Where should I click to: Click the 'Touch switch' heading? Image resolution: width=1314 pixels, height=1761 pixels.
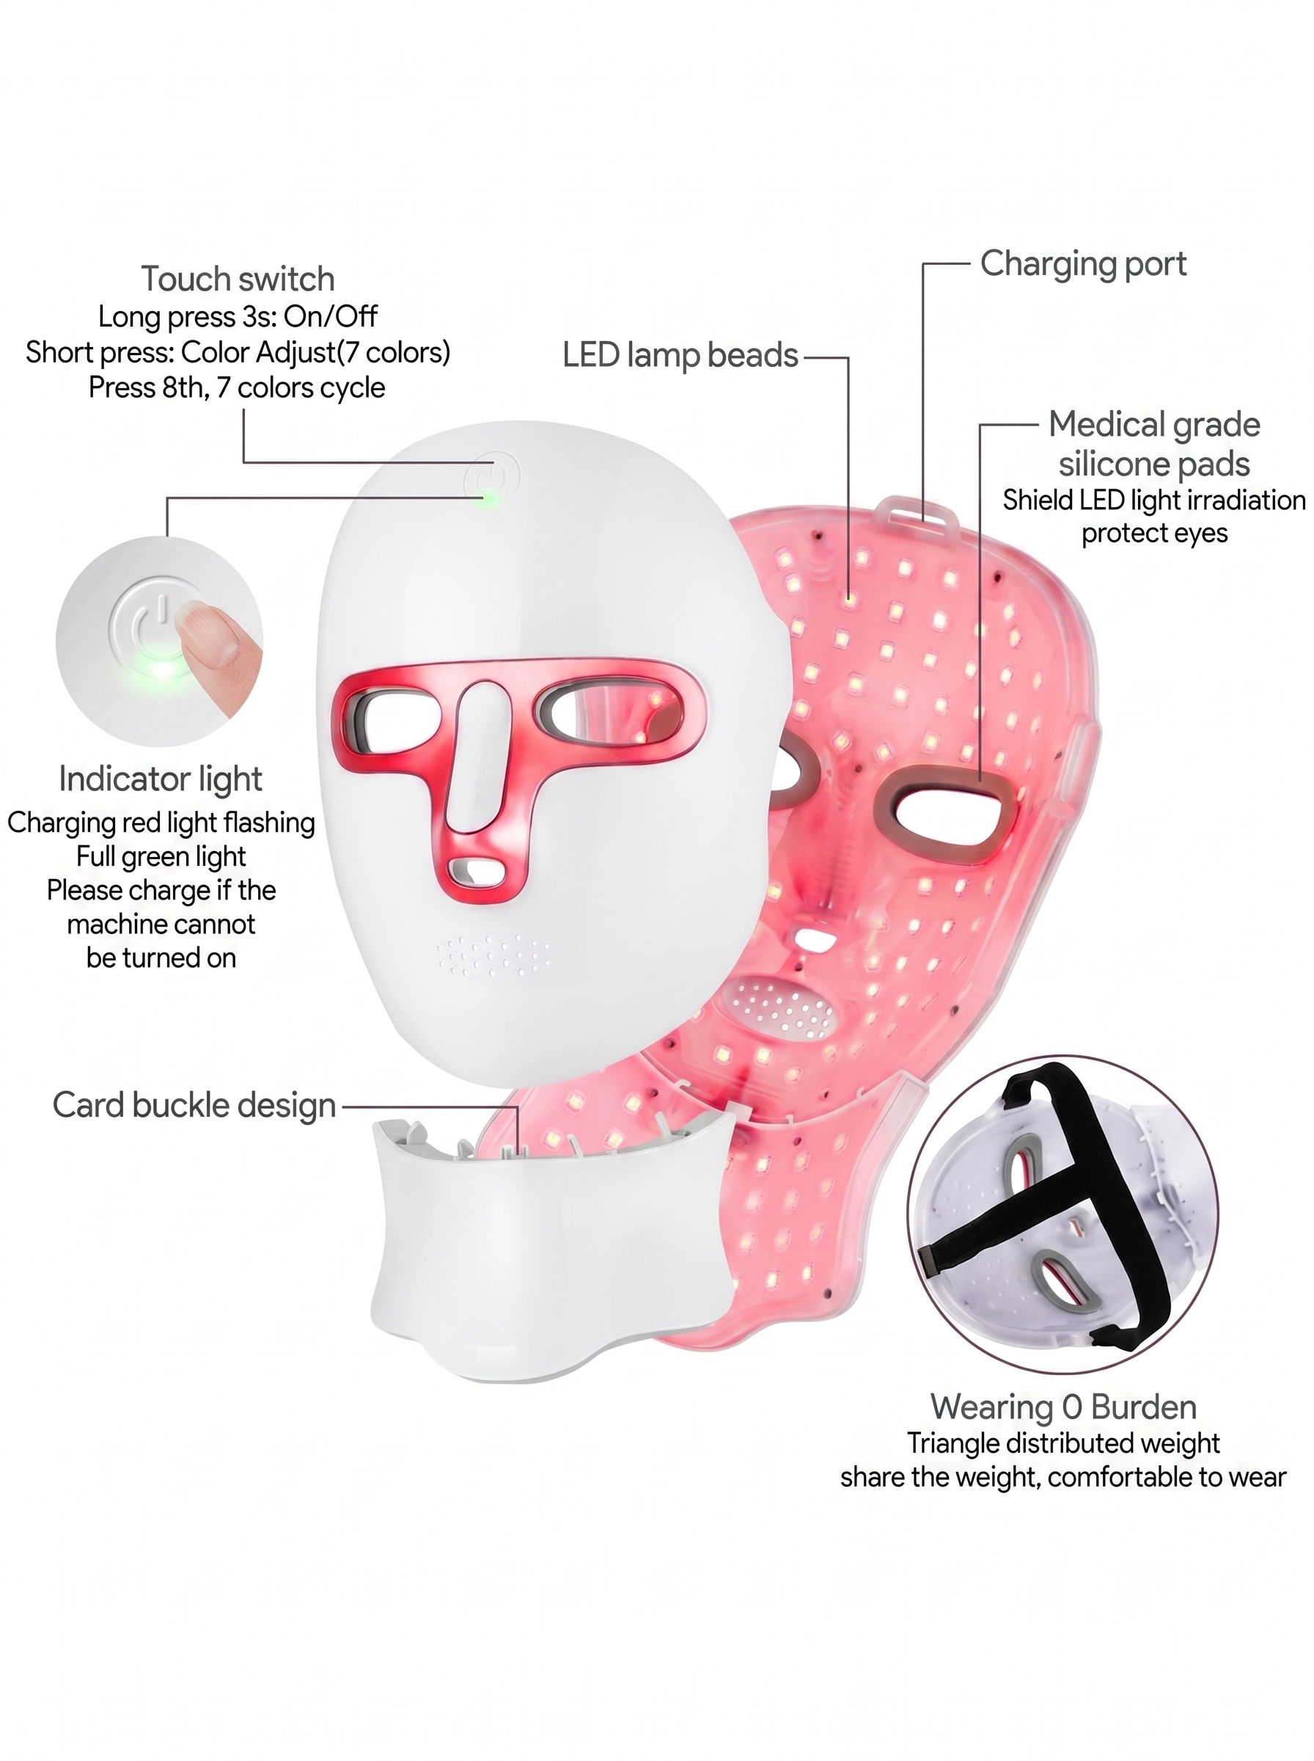pos(238,280)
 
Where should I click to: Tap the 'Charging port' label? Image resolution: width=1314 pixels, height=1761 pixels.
pos(1082,264)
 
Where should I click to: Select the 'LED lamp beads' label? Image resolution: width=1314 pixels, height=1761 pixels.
pos(680,356)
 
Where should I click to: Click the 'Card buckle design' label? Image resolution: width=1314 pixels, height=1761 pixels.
pos(194,1105)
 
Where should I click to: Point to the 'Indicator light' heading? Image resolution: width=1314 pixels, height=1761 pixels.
pos(161,779)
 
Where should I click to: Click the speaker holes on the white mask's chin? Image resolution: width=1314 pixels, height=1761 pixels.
pos(493,954)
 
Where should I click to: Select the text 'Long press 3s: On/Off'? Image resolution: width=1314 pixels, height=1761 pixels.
pos(238,317)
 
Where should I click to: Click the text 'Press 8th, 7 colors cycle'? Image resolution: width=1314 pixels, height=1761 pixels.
pos(237,387)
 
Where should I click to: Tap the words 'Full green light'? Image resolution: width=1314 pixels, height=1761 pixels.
pos(161,856)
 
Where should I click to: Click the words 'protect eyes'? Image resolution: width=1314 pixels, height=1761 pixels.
pos(1154,534)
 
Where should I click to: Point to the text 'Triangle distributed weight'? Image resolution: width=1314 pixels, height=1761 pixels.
pos(1063,1443)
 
